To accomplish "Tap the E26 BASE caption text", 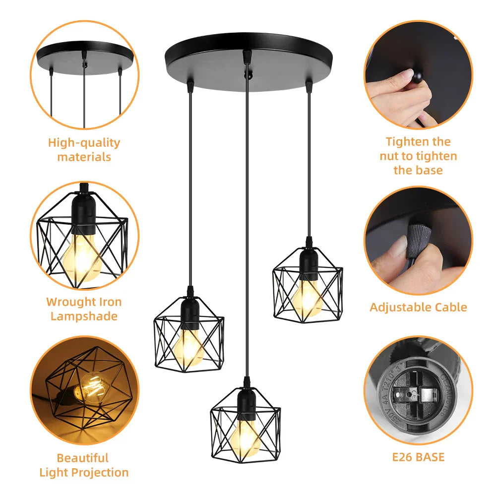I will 418,457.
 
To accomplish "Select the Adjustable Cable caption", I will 418,307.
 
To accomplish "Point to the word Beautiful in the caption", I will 82,458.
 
